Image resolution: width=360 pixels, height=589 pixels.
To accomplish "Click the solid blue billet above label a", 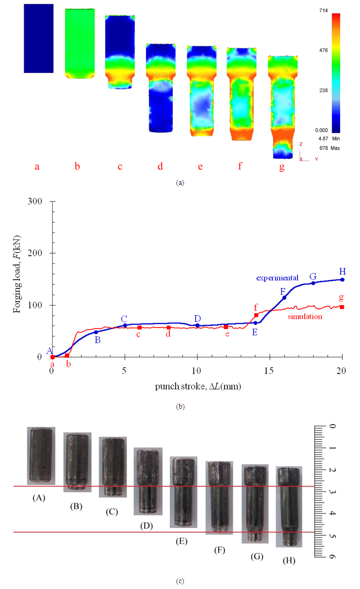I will [38, 38].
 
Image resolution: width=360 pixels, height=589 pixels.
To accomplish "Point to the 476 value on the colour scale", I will [322, 51].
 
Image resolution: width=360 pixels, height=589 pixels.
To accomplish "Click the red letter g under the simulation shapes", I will [281, 167].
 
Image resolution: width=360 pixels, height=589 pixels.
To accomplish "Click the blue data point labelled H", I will [342, 280].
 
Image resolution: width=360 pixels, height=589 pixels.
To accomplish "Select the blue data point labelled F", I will [284, 297].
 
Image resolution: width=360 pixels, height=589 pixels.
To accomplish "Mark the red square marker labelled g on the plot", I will [342, 307].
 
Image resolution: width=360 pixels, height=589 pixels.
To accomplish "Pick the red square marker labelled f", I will [256, 315].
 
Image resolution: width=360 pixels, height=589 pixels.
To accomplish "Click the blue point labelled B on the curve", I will [96, 332].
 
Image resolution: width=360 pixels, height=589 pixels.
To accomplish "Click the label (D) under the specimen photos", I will [146, 525].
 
